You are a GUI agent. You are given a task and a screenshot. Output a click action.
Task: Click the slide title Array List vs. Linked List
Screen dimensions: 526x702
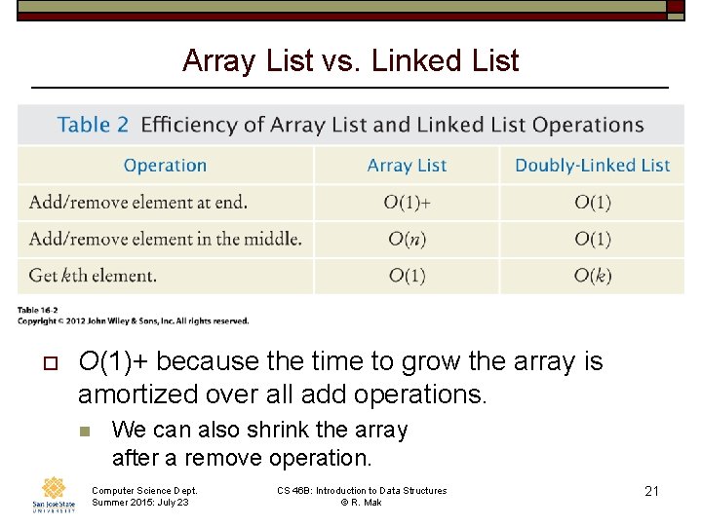coord(350,60)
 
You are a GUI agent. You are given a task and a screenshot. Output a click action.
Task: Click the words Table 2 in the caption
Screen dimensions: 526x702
coord(93,125)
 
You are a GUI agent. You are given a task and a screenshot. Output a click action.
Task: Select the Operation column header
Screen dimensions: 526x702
coord(165,166)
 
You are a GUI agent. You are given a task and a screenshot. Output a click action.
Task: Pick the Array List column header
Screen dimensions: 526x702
coord(407,166)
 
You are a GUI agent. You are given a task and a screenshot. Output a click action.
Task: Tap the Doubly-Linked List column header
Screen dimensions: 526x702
coord(592,166)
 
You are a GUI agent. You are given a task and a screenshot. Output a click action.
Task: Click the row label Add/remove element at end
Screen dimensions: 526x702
coord(138,203)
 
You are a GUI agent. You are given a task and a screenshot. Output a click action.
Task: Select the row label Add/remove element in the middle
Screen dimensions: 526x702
coord(165,239)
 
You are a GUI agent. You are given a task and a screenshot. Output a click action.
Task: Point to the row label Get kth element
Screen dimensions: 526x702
coord(93,276)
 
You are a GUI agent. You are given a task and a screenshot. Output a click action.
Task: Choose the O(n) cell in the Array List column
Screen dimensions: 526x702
coord(407,239)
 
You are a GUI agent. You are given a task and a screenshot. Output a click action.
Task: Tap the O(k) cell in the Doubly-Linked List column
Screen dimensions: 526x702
coord(592,276)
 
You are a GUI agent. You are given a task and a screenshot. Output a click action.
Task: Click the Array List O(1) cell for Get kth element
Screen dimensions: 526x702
coord(407,276)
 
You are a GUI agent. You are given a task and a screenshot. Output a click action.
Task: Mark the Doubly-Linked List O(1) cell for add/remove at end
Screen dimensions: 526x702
coord(592,203)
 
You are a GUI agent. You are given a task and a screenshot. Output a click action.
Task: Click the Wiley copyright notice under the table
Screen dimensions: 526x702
coord(133,320)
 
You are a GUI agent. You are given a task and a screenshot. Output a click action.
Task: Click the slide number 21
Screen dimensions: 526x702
coord(651,491)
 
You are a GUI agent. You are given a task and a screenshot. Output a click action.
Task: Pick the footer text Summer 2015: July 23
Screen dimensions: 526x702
coord(140,502)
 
